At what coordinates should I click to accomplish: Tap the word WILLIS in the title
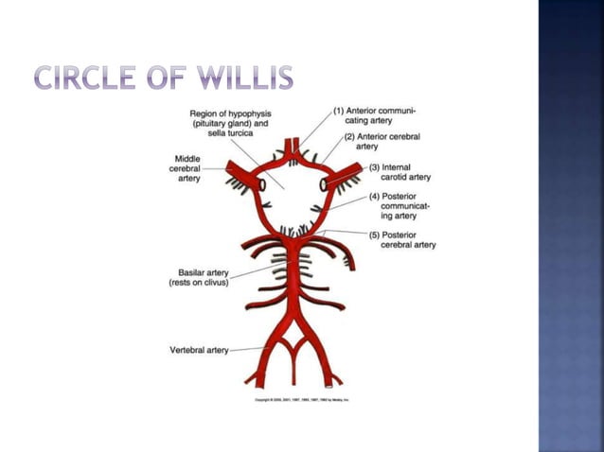248,79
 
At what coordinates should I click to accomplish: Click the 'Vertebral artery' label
199,350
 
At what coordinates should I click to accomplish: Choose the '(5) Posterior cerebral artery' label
402,238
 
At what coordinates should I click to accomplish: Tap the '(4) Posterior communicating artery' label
401,205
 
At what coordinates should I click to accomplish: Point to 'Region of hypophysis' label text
230,113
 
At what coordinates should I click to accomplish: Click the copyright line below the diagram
301,400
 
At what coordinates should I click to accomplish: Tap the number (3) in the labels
374,166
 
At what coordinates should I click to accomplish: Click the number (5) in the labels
374,233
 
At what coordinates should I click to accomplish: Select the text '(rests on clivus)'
199,283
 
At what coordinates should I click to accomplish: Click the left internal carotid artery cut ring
260,185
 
